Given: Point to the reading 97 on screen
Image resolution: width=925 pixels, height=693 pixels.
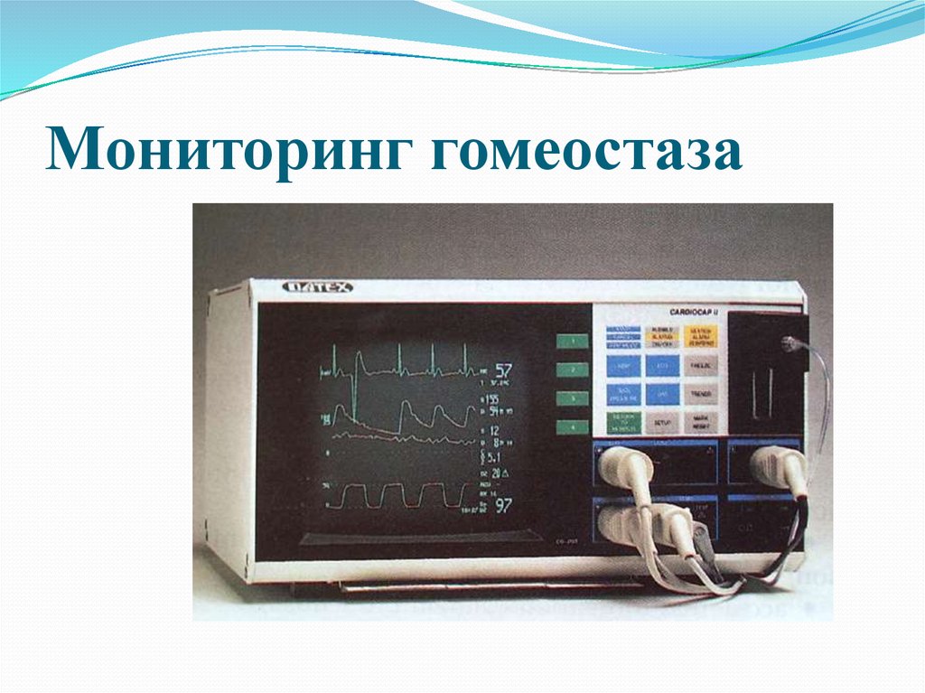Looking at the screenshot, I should point(503,505).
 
